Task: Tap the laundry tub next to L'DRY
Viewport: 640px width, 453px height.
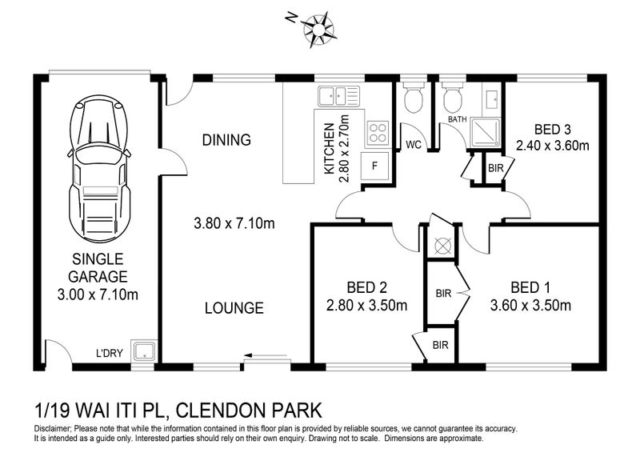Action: click(145, 351)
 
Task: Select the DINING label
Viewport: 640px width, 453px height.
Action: click(226, 140)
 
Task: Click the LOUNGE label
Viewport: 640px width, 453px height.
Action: click(234, 307)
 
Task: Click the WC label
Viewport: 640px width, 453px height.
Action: click(414, 145)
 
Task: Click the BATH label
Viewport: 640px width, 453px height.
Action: click(457, 119)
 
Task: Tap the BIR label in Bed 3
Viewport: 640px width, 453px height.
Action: click(495, 168)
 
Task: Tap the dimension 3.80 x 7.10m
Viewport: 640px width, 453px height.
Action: click(234, 223)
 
